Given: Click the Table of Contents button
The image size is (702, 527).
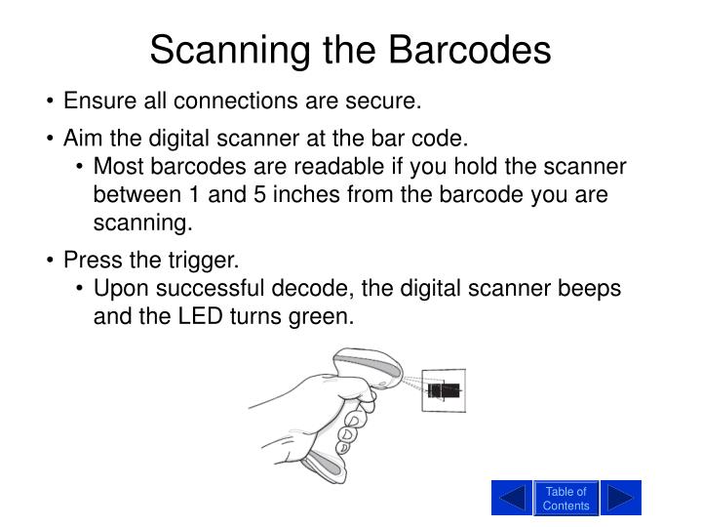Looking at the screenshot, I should (x=565, y=498).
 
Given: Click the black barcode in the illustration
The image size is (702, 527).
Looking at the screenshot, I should (x=445, y=390).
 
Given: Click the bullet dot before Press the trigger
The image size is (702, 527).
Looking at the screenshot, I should (x=51, y=262).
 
